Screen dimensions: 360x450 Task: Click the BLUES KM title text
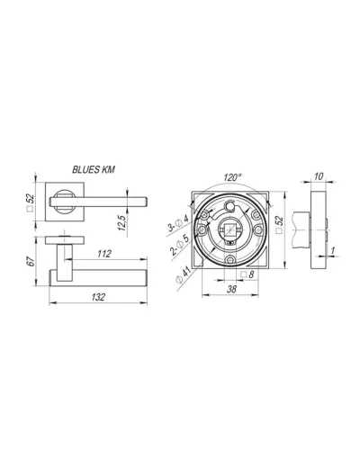(x=94, y=170)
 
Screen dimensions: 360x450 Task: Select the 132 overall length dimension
(x=98, y=297)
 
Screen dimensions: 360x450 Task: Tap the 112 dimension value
(x=104, y=254)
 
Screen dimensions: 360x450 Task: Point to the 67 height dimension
(x=31, y=261)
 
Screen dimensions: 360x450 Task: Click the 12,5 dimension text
(x=122, y=222)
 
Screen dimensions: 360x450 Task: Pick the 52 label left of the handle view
(x=31, y=198)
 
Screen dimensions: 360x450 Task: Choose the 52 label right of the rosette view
(x=279, y=220)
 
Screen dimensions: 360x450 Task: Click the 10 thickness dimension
(x=319, y=176)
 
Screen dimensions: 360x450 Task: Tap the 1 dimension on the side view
(x=333, y=250)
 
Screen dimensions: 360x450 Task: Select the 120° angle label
(x=233, y=177)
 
